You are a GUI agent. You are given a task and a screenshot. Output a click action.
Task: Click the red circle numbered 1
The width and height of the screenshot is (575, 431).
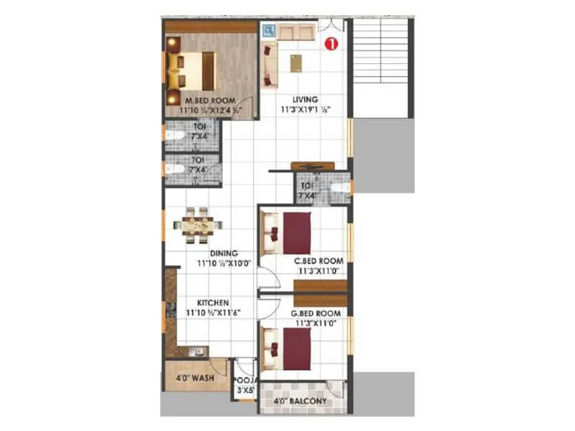click(x=331, y=44)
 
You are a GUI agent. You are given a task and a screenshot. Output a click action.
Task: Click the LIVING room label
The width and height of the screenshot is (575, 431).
click(x=305, y=99)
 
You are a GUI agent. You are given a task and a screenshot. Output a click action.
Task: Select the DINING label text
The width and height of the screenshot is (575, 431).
click(x=224, y=253)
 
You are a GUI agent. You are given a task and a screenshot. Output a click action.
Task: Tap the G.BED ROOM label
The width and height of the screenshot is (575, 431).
click(x=316, y=314)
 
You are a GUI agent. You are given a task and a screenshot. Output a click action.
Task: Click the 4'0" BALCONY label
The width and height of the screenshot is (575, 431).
click(x=301, y=401)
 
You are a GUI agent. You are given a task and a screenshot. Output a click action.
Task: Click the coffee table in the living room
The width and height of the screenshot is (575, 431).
click(x=296, y=63)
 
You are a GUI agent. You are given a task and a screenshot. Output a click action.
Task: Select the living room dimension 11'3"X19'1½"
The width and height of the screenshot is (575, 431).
click(x=305, y=111)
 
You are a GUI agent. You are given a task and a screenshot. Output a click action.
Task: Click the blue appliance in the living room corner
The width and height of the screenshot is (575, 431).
click(x=270, y=31)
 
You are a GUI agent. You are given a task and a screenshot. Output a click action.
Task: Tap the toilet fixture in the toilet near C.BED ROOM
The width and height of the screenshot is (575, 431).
click(x=344, y=188)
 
